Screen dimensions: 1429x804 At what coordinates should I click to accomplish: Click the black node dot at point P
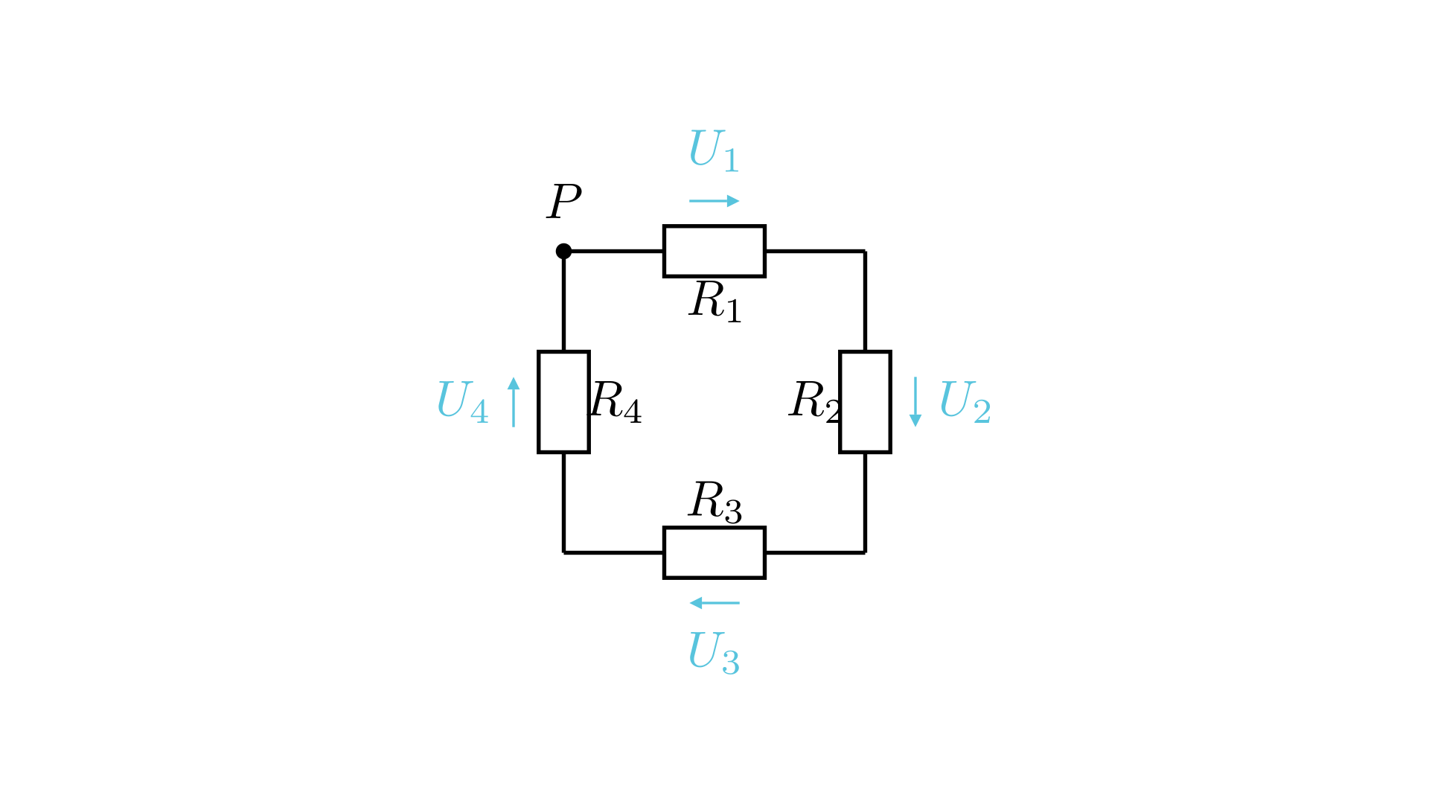coord(563,251)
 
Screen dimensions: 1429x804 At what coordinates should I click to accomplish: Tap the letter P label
coord(564,201)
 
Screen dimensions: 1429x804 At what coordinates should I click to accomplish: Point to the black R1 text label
coord(715,301)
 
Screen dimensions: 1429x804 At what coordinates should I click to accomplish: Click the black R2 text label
coord(815,402)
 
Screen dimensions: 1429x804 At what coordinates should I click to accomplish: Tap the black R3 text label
coord(715,502)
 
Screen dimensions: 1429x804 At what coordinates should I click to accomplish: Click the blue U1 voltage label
coord(714,150)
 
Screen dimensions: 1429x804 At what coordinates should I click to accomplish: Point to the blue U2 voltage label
coord(965,402)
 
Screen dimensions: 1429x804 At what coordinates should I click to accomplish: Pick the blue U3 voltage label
coord(714,653)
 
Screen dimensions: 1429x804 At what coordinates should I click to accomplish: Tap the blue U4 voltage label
coord(462,402)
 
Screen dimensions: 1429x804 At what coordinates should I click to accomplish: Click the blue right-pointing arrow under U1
coord(714,201)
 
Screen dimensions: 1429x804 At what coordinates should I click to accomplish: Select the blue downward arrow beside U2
coord(915,402)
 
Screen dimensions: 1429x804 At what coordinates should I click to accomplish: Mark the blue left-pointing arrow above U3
coord(714,603)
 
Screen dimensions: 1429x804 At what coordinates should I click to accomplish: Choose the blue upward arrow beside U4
coord(514,402)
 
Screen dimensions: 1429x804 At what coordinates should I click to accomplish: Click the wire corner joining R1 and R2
coord(865,251)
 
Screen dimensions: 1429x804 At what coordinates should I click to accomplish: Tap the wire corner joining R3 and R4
coord(563,552)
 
